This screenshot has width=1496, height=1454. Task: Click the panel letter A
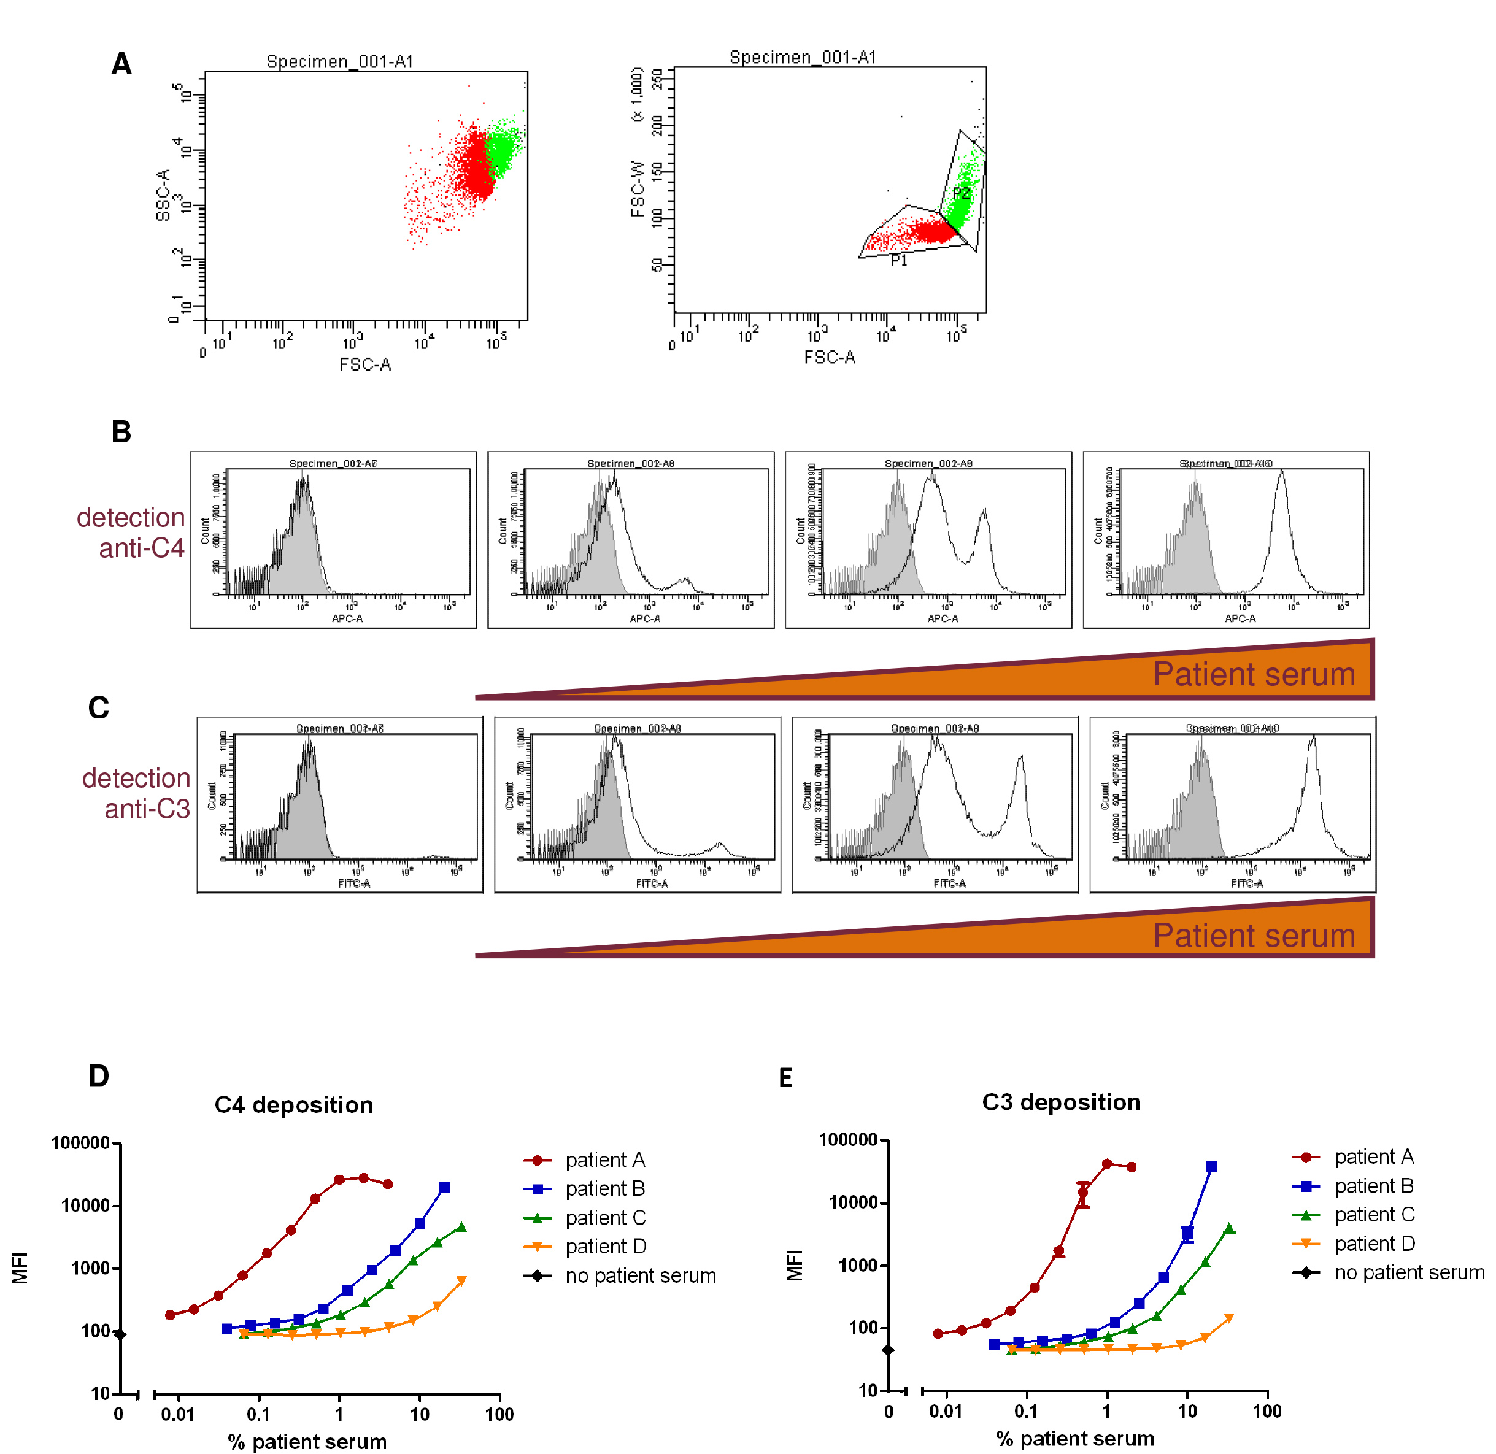121,63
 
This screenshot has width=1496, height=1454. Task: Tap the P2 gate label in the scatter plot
962,193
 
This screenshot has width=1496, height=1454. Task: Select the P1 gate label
899,260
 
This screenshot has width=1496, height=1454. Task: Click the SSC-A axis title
163,196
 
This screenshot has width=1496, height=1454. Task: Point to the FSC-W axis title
638,188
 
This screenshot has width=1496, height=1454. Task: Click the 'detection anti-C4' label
131,533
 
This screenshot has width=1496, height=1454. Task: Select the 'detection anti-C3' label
137,793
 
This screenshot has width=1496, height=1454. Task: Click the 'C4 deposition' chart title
293,1104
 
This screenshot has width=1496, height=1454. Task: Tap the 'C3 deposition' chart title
1061,1102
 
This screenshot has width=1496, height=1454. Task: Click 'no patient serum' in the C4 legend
640,1275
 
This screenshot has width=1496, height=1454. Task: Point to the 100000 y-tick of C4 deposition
80,1143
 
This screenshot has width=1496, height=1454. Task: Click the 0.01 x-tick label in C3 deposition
946,1411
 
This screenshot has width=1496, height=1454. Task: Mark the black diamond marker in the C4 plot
120,1334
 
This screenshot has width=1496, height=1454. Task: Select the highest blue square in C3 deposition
1212,1167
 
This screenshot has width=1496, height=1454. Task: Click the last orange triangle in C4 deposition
461,1280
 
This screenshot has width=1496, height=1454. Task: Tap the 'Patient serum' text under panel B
1253,674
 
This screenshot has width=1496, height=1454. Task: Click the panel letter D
99,1076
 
